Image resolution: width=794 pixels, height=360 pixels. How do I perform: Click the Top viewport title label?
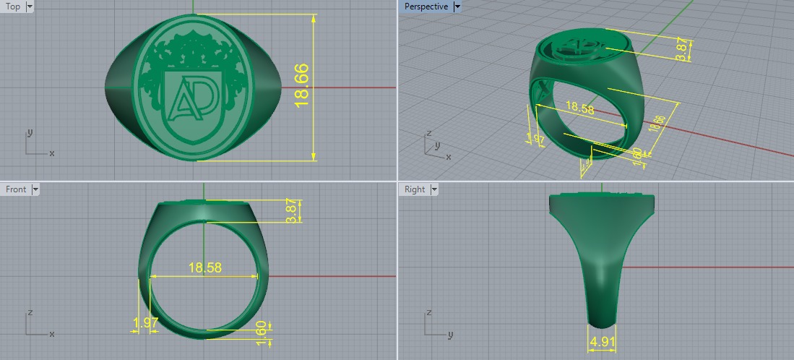(x=13, y=7)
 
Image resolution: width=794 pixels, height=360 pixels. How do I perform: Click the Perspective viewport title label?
(x=426, y=7)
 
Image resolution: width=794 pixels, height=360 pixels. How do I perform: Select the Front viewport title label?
(x=16, y=189)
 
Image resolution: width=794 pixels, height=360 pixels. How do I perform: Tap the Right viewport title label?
(x=415, y=189)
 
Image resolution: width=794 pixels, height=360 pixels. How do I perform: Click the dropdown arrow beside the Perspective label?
(x=457, y=7)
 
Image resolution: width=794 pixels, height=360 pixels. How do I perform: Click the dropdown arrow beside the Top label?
(x=30, y=7)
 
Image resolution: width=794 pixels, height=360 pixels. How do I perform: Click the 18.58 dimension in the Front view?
(x=204, y=267)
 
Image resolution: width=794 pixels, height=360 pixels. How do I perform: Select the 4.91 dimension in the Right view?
(x=601, y=341)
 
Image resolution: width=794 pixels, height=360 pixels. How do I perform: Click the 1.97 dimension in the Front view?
(x=146, y=322)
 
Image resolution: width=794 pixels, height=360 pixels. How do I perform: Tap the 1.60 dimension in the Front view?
(x=262, y=330)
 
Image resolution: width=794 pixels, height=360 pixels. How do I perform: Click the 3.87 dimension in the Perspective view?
(x=681, y=49)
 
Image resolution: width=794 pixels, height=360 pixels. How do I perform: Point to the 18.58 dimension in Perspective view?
(x=580, y=108)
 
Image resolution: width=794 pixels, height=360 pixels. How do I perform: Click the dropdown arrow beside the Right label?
(x=433, y=189)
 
